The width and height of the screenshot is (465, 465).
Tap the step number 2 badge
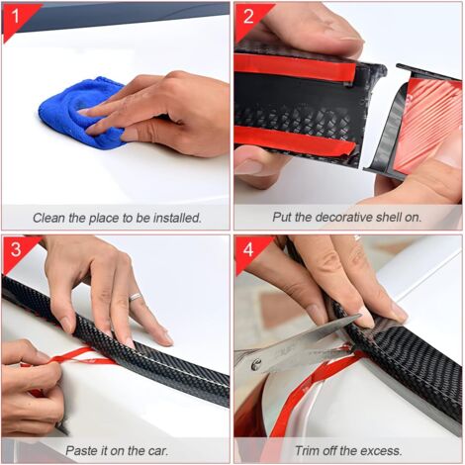coord(246,15)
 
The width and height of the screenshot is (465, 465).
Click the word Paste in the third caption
coord(83,450)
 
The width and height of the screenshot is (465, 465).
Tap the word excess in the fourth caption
coord(378,450)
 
